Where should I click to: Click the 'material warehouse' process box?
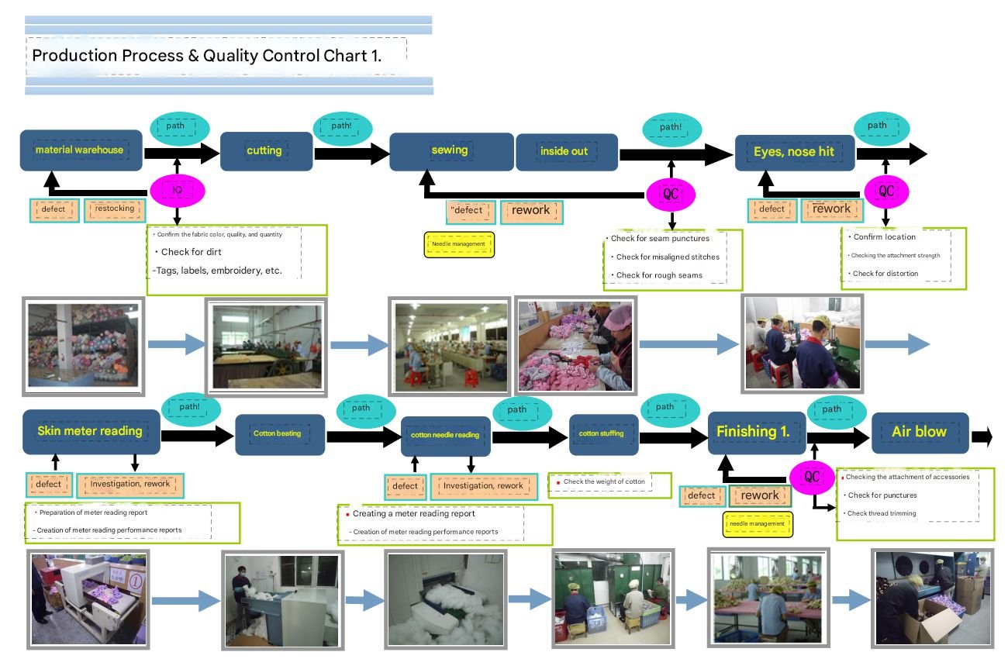(81, 150)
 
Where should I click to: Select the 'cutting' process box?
(265, 150)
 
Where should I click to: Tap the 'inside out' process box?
(566, 152)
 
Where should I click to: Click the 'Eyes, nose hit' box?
(794, 151)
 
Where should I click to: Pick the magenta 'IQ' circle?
(177, 190)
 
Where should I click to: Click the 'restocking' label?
(114, 209)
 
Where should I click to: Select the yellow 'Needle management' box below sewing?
(459, 243)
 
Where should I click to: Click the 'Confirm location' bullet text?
(884, 236)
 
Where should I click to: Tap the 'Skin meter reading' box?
(91, 431)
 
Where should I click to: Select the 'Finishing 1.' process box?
(754, 432)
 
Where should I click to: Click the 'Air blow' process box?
(919, 432)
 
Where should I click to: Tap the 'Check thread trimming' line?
(882, 513)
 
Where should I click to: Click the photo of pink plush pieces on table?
(575, 343)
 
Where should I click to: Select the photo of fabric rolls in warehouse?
(84, 344)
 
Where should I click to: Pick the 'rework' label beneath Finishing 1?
(759, 495)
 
